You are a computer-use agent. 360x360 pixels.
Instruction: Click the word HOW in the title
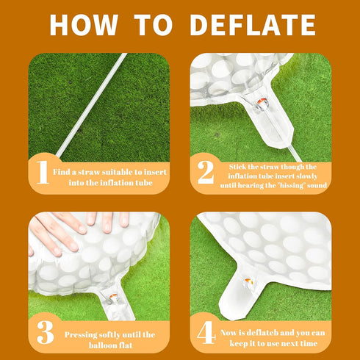coord(84,25)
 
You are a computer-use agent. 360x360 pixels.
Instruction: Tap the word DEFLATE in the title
coord(253,25)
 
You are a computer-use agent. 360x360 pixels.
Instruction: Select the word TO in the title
coord(154,25)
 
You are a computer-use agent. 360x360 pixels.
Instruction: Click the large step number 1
coord(43,172)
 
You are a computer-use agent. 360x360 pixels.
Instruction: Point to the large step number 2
coord(206,172)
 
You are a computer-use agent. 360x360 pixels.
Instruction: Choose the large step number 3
coord(46,332)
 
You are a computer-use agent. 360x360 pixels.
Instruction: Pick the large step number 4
coord(206,332)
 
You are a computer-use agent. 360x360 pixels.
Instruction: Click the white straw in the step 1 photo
coord(92,105)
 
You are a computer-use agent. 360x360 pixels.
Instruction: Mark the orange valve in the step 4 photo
coord(249,282)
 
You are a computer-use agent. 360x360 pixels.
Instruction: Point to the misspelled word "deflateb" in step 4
coord(262,333)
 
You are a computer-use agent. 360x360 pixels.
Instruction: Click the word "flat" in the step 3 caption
coord(126,345)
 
